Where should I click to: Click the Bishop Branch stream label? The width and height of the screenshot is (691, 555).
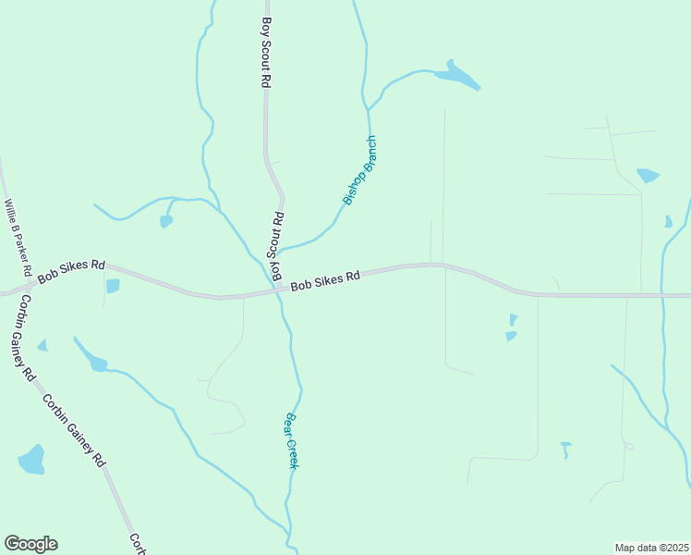360,170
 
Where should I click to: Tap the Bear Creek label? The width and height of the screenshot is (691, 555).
290,440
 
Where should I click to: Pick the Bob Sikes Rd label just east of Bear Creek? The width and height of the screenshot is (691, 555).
324,280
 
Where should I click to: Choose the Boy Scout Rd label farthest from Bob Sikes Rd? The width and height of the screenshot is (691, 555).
266,53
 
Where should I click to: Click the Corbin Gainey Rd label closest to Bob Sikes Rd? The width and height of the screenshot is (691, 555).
24,339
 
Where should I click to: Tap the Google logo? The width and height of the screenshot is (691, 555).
30,544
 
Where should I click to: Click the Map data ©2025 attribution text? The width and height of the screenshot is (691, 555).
651,548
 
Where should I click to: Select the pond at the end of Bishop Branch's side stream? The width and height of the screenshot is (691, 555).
456,77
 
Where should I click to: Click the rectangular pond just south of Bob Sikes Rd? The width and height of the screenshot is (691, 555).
113,286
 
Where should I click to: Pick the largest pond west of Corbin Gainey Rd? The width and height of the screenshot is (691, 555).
31,460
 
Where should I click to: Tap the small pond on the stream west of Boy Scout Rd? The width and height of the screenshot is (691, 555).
166,221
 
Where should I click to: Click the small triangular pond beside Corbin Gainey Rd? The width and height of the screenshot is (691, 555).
42,346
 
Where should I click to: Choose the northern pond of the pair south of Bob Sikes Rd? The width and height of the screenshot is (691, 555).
513,319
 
